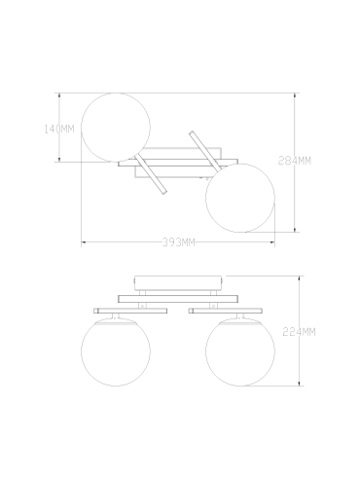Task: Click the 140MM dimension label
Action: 59,129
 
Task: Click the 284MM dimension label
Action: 295,161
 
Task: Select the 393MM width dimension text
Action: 179,242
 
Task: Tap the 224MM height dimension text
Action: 299,332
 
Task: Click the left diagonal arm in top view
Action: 151,174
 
